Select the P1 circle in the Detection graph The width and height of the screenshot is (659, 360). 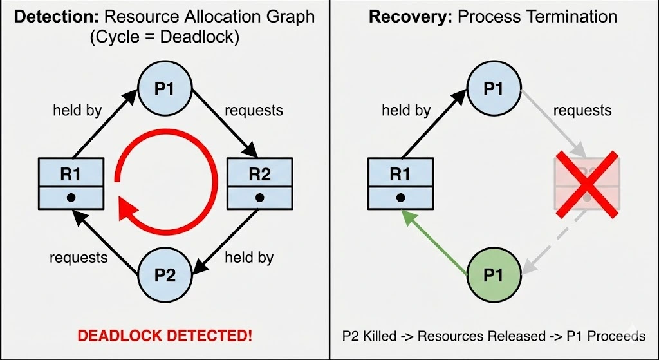pyautogui.click(x=165, y=89)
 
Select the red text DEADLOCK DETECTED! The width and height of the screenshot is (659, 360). pyautogui.click(x=165, y=336)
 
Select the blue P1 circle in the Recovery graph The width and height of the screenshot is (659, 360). pyautogui.click(x=493, y=89)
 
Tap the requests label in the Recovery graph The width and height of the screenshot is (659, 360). pyautogui.click(x=582, y=111)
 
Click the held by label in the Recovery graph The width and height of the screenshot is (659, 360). pyautogui.click(x=406, y=111)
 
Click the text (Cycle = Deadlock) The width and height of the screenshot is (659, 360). pyautogui.click(x=165, y=37)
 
